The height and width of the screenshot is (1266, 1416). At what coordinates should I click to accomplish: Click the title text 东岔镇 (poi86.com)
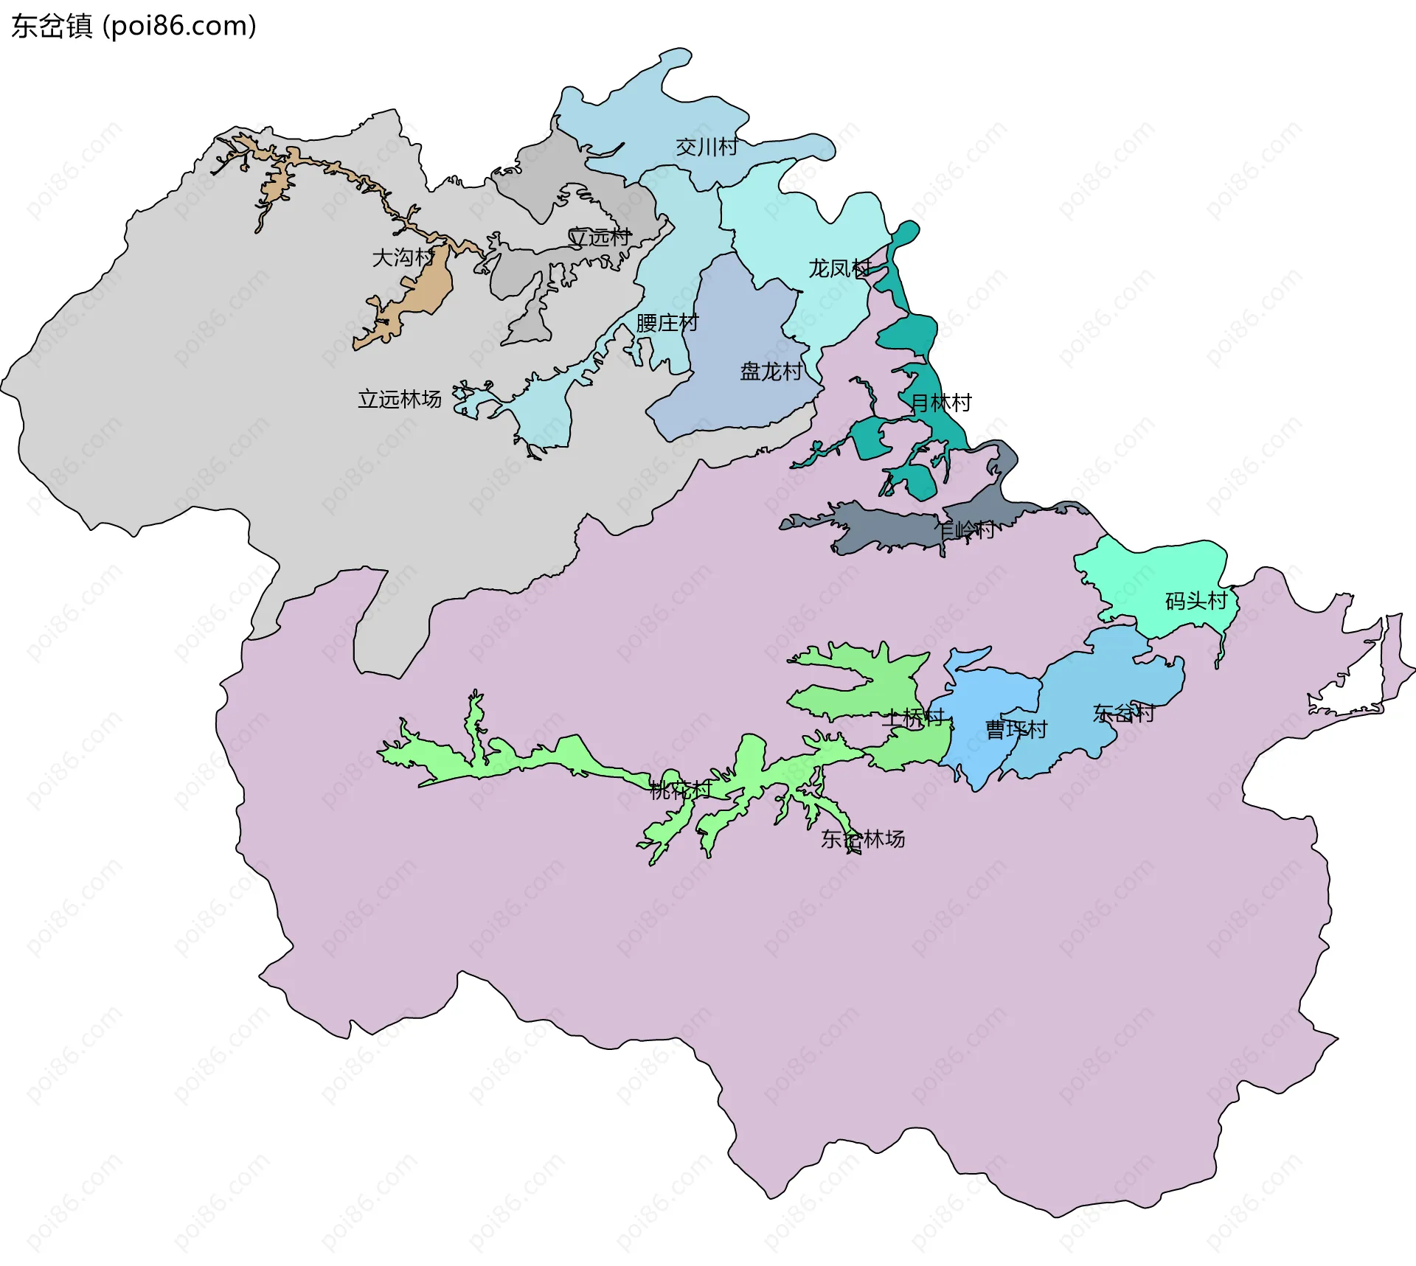[x=133, y=26]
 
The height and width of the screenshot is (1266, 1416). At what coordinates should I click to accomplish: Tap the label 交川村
[x=707, y=147]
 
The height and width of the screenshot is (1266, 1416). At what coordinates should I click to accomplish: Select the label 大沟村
[x=403, y=257]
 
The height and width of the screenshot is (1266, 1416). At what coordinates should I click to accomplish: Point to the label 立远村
[x=599, y=237]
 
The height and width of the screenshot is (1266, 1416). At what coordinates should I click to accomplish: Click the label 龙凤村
[x=839, y=268]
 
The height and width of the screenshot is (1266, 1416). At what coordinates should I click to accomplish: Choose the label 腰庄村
[x=667, y=323]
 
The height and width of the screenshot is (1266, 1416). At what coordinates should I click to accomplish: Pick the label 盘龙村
[x=771, y=371]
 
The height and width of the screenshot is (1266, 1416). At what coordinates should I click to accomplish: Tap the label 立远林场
[x=399, y=400]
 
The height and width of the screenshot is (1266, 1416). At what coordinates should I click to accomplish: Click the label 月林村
[x=941, y=403]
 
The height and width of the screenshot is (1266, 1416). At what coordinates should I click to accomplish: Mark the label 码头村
[x=1195, y=601]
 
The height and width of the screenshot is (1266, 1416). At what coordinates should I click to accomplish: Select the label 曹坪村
[x=1016, y=730]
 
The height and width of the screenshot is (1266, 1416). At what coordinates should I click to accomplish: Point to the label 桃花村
[x=680, y=790]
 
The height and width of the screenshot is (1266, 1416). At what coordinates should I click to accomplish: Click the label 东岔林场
[x=862, y=839]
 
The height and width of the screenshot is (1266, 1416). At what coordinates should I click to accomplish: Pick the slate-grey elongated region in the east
[x=885, y=527]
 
